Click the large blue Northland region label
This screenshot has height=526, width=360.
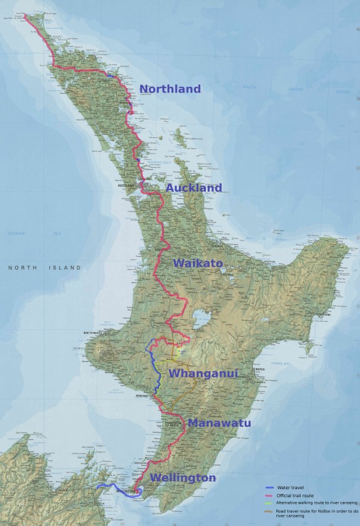[x=170, y=89]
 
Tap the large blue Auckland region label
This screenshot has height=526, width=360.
[x=194, y=188]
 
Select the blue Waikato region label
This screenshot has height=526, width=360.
[x=198, y=263]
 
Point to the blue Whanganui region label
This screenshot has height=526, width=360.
[x=203, y=374]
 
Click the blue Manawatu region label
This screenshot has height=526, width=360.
[x=219, y=423]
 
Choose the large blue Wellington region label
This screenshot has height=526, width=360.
[x=183, y=478]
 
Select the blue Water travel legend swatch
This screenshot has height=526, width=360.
[x=269, y=487]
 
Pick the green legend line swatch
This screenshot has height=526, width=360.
[x=269, y=503]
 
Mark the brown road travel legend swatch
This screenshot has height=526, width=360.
[x=269, y=511]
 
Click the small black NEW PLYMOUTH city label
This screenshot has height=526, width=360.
[x=91, y=334]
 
